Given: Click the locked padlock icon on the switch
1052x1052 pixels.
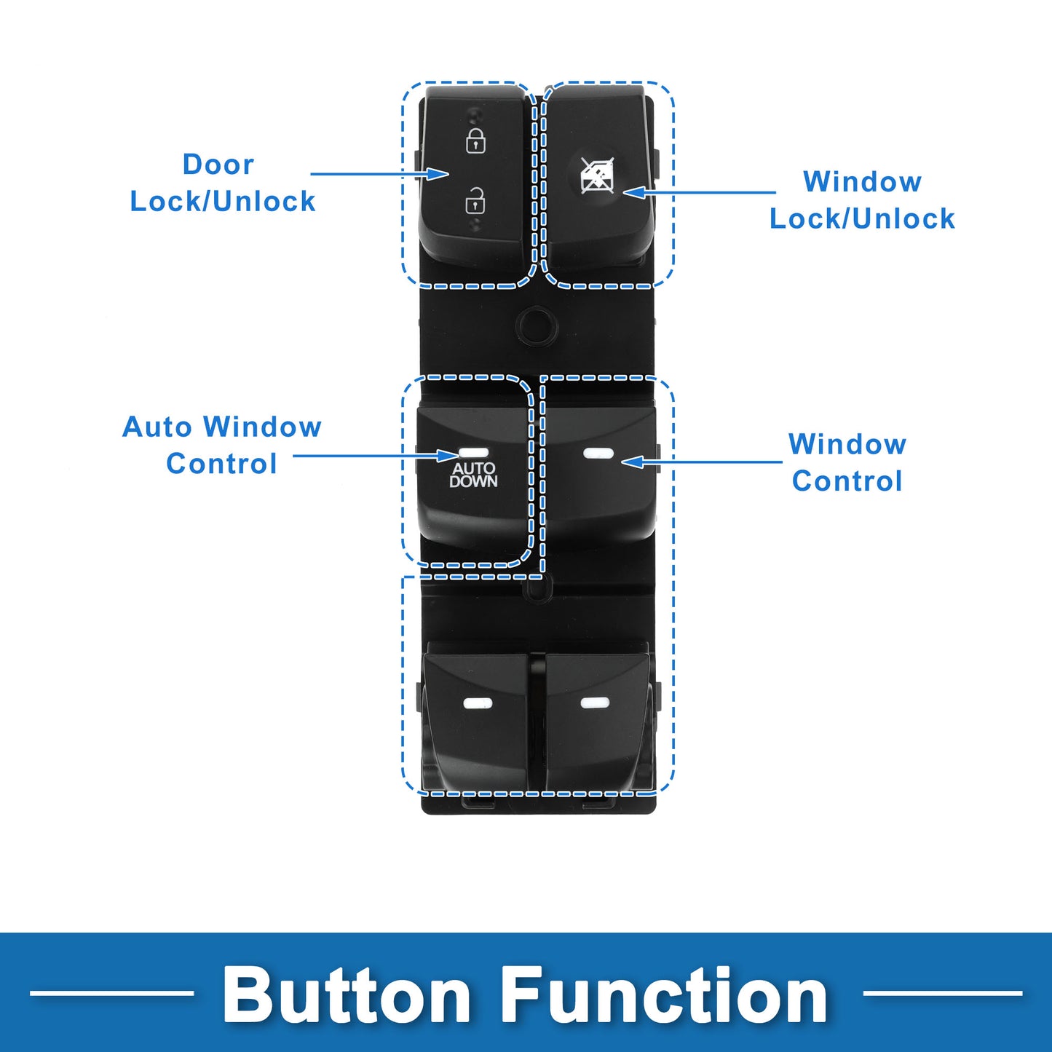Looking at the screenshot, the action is click(475, 141).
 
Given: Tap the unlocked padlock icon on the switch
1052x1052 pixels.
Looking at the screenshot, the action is click(475, 199).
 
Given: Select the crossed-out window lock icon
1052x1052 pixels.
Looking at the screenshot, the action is click(597, 175).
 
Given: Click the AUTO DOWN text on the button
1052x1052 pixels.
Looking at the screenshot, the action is click(473, 475).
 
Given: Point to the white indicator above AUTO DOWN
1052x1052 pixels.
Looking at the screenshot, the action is click(474, 453).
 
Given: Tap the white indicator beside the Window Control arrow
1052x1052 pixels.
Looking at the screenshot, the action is click(598, 453).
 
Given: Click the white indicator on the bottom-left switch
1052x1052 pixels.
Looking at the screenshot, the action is click(478, 704).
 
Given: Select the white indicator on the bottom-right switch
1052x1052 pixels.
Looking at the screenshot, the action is click(595, 703).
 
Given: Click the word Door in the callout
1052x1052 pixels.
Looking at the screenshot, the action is click(218, 165).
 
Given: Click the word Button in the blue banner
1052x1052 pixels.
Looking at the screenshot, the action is click(346, 997).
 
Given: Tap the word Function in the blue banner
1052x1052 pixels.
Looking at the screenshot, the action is click(664, 997).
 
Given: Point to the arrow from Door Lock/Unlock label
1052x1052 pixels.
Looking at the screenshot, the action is click(380, 174).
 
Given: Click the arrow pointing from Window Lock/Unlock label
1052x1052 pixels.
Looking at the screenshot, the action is click(699, 192).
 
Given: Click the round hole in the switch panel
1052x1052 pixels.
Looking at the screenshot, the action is click(537, 326).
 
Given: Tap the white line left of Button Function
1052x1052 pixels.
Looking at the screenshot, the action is click(111, 993).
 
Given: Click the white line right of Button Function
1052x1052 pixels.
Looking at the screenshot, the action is click(942, 993).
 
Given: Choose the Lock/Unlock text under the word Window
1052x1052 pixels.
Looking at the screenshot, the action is click(862, 219).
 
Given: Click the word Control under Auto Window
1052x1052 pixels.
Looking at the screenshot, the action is click(221, 464).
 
